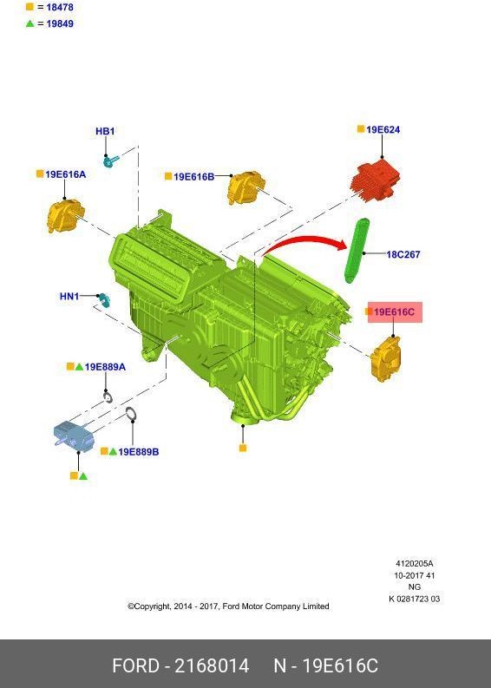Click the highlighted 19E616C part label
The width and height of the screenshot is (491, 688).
tap(395, 311)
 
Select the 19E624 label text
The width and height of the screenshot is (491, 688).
tap(383, 130)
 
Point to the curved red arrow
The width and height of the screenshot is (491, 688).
tap(299, 242)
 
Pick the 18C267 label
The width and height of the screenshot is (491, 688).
tap(403, 254)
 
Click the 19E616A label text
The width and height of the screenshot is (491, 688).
tap(65, 174)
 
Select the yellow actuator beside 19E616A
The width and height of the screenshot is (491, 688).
tap(64, 214)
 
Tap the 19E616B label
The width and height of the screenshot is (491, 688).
tap(193, 177)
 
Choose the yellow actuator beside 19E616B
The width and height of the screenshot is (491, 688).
tap(245, 188)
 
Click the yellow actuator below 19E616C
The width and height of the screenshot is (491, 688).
tap(386, 360)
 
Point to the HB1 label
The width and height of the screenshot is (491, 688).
tap(105, 132)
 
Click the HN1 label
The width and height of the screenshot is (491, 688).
tap(69, 297)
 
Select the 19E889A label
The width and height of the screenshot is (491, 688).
tap(104, 367)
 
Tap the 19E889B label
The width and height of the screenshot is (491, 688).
tap(138, 452)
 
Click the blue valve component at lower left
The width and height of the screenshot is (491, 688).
tap(74, 436)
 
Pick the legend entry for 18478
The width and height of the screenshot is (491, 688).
tap(55, 7)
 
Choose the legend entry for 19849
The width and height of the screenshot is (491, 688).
tap(55, 23)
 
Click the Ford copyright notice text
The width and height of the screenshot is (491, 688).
tap(228, 606)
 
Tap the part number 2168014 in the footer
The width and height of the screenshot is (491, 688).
tap(212, 665)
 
